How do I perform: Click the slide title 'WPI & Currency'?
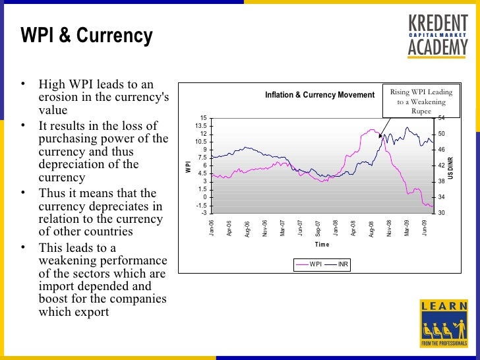86,36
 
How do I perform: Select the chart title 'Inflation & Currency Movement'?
320,95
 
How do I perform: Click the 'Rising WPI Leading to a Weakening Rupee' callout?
421,102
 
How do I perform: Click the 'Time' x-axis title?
322,245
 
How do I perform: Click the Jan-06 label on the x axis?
212,228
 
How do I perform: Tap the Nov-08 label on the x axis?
390,228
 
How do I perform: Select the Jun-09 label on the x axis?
425,228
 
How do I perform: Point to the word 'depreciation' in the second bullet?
69,164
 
